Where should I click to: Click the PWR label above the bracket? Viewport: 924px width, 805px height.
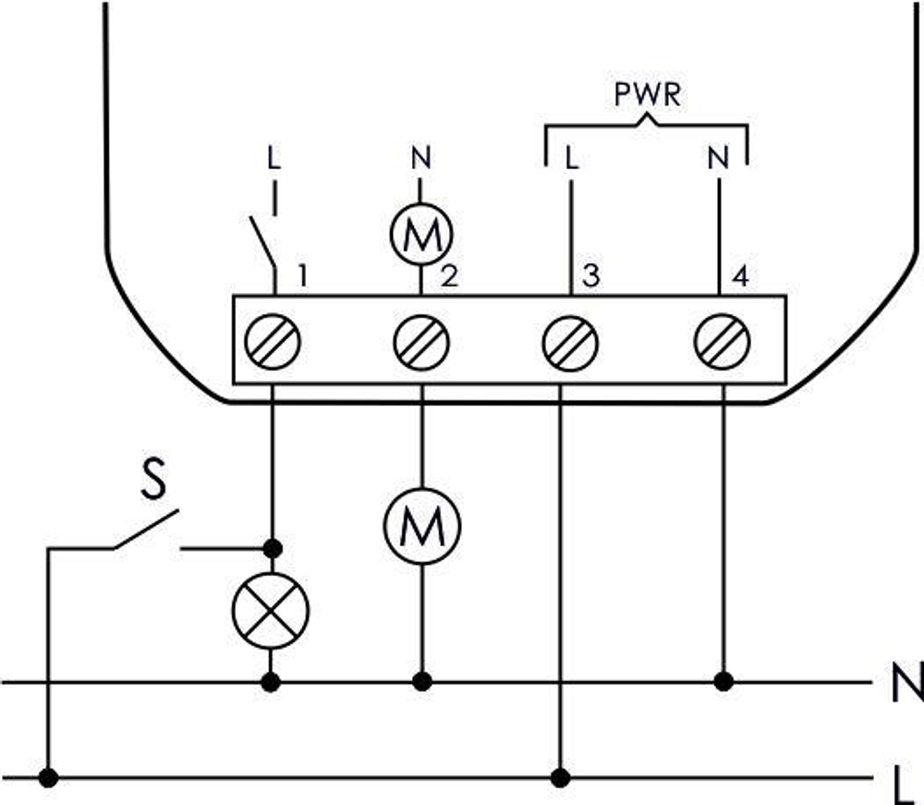(x=647, y=95)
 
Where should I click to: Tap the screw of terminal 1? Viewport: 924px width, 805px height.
(x=273, y=342)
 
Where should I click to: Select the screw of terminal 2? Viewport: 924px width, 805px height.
(x=421, y=342)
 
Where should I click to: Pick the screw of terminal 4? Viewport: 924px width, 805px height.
(x=721, y=342)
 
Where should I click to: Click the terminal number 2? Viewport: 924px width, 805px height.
(x=448, y=275)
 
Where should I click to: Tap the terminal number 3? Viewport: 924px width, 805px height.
(x=591, y=275)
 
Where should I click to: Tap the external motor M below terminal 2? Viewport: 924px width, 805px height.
(x=421, y=526)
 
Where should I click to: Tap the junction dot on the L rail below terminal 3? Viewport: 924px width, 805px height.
(x=560, y=775)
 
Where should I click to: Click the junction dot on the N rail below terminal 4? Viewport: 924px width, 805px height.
(x=724, y=682)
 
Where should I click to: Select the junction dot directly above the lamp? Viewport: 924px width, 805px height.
(x=272, y=549)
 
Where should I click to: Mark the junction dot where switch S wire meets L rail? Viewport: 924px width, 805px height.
(x=50, y=776)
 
